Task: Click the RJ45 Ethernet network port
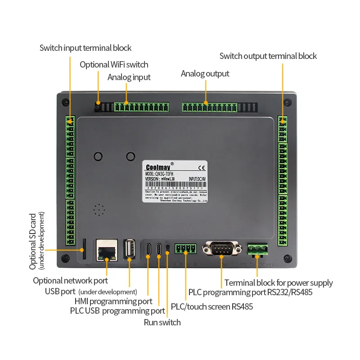point(107,249)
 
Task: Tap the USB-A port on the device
point(130,249)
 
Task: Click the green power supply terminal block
point(257,248)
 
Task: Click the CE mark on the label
point(202,168)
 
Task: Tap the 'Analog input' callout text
point(129,77)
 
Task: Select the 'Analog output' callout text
point(205,73)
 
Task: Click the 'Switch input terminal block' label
point(85,48)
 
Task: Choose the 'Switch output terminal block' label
point(268,56)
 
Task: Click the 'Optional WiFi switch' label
point(114,64)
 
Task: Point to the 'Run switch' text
point(162,322)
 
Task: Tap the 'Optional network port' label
point(70,281)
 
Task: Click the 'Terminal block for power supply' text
point(279,283)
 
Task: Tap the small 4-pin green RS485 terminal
point(186,248)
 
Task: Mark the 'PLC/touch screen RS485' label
point(211,307)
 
